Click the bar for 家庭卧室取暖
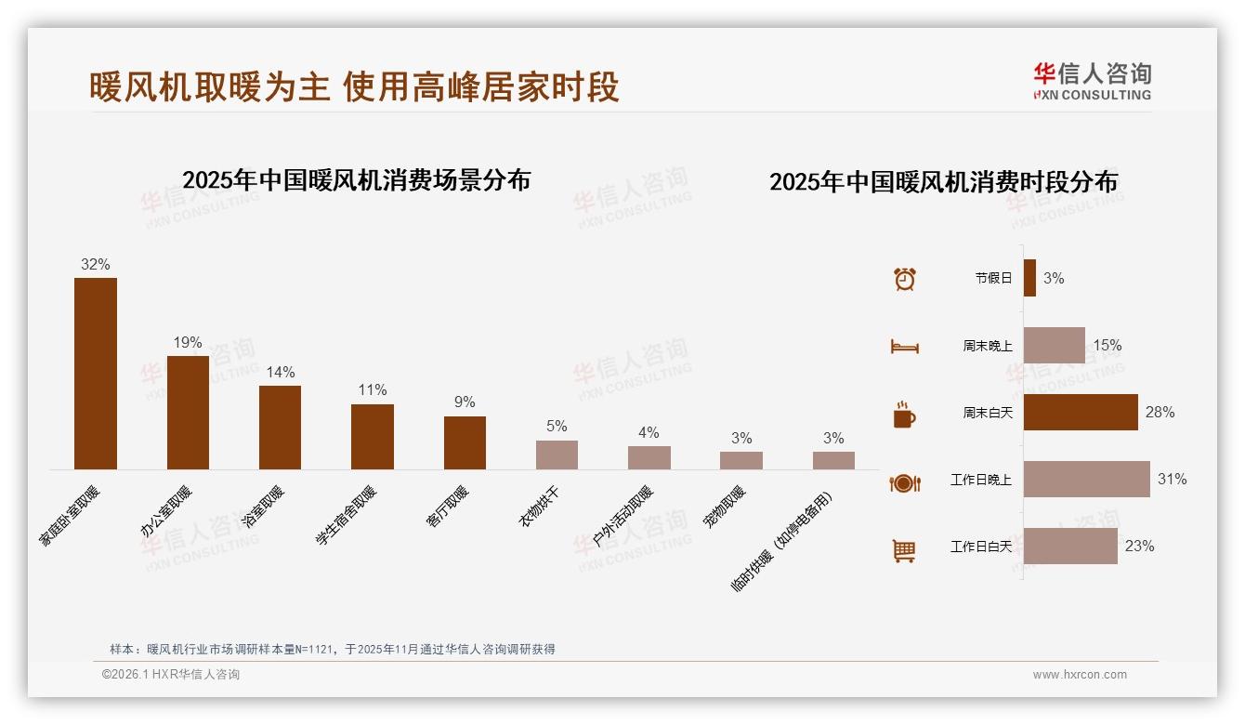pyautogui.click(x=96, y=374)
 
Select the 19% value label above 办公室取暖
pyautogui.click(x=188, y=343)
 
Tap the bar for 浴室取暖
pyautogui.click(x=280, y=428)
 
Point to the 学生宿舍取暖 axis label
pyautogui.click(x=347, y=515)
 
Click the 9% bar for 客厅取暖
pyautogui.click(x=465, y=442)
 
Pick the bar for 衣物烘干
pyautogui.click(x=557, y=455)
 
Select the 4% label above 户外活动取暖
pyautogui.click(x=649, y=432)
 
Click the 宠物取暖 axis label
pyautogui.click(x=724, y=507)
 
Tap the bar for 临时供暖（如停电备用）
pyautogui.click(x=833, y=460)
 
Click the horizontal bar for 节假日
pyautogui.click(x=1029, y=278)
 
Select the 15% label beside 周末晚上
pyautogui.click(x=1107, y=345)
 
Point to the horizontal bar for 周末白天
pyautogui.click(x=1081, y=412)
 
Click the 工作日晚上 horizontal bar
pyautogui.click(x=1086, y=479)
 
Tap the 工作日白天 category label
pyautogui.click(x=980, y=547)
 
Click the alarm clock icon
pyautogui.click(x=904, y=279)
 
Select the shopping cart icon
pyautogui.click(x=904, y=551)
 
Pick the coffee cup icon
pyautogui.click(x=904, y=415)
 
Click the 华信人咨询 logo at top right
pyautogui.click(x=1092, y=81)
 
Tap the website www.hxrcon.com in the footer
pyautogui.click(x=1080, y=675)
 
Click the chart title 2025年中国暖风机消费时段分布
pyautogui.click(x=943, y=182)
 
